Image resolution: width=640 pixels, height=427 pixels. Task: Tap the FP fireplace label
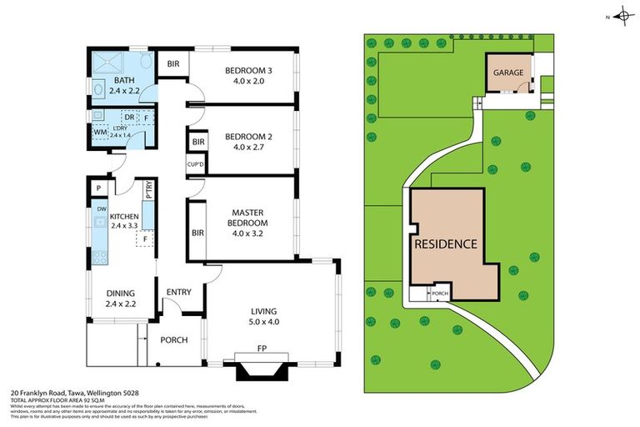click(x=262, y=348)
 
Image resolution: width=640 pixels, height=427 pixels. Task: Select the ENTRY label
click(x=178, y=292)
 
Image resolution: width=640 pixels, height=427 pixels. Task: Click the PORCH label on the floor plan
click(x=174, y=340)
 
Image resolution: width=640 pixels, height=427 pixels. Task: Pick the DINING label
click(x=120, y=293)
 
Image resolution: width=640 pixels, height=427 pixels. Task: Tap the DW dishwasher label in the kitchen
click(x=101, y=208)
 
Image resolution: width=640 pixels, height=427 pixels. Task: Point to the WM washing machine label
click(x=99, y=133)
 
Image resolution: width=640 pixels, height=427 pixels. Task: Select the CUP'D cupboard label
click(x=196, y=165)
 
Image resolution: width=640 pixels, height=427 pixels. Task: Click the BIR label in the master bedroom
click(x=197, y=233)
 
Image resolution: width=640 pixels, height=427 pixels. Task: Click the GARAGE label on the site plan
click(x=508, y=73)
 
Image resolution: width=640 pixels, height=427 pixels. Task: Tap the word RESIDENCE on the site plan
click(x=446, y=244)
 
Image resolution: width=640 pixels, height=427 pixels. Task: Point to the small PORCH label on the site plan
click(x=440, y=294)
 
